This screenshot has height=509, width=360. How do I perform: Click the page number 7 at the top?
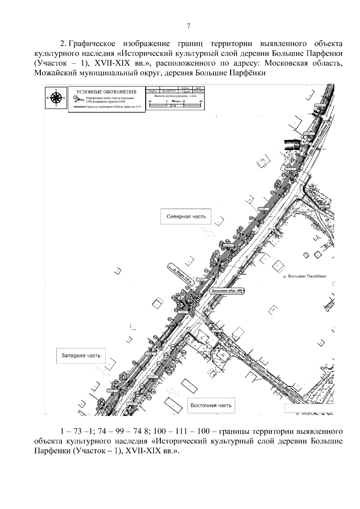point(188,26)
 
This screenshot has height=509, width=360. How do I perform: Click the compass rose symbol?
point(56,98)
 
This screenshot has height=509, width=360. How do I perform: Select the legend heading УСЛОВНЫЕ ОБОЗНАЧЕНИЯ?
point(106,92)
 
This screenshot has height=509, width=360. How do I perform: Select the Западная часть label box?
point(81,356)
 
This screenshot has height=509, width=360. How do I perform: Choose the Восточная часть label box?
point(211,406)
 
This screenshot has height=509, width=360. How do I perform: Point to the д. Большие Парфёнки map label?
point(304,276)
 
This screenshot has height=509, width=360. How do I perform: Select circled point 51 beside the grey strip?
point(206,272)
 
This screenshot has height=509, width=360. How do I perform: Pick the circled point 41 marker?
point(170,319)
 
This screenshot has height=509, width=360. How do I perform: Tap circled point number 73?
point(289,165)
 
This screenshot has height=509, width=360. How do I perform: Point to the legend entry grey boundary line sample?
point(79,107)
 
